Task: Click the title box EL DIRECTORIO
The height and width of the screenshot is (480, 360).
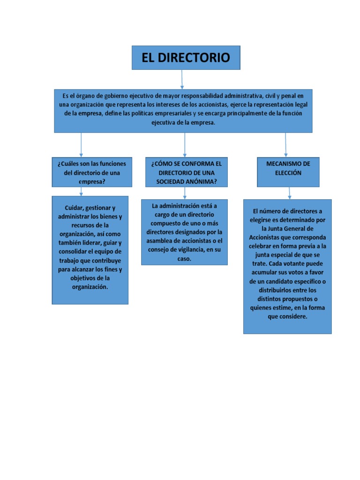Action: click(x=186, y=58)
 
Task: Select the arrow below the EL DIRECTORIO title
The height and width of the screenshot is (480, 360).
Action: click(x=182, y=79)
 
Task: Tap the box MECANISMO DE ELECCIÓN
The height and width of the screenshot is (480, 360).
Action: click(x=289, y=172)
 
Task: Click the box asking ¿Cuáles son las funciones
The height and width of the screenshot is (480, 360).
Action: click(x=92, y=172)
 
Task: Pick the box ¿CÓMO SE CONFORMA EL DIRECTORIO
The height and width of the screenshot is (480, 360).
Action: click(x=186, y=172)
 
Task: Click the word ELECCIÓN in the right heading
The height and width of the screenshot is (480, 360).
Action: click(x=288, y=172)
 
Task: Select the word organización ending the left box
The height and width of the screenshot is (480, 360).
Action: click(x=90, y=287)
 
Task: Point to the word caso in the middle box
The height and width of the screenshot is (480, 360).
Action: click(x=184, y=258)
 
